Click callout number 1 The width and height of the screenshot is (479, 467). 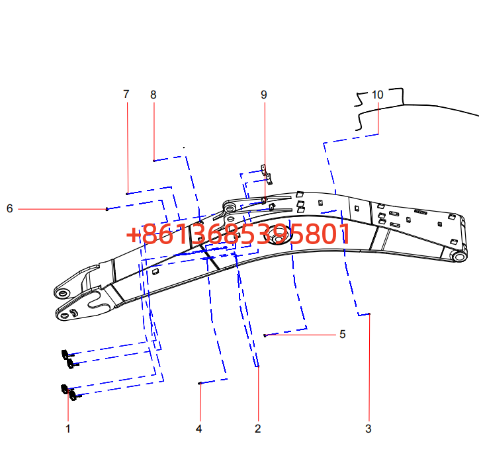coord(68,429)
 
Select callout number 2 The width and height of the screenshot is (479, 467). coord(258,429)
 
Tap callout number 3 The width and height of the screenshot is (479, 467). coord(369,429)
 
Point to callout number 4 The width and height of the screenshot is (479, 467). coord(199,429)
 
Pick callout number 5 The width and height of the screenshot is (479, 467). coord(343,334)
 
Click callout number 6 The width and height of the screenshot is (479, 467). coord(10,208)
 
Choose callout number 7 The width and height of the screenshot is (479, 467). coord(126,94)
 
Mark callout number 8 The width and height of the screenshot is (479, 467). coord(153,95)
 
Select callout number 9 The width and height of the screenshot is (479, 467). coord(264,95)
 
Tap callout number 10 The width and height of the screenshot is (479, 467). coord(377,95)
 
